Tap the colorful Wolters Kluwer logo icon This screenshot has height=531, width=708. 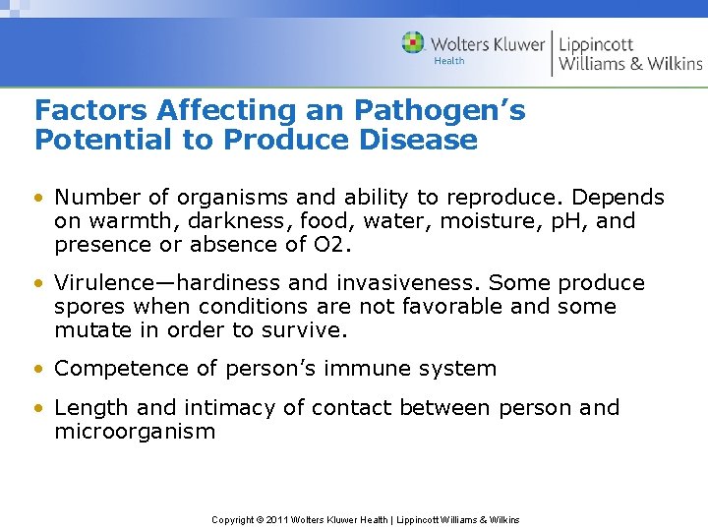[x=413, y=43]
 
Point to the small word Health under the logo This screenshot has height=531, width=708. [x=449, y=61]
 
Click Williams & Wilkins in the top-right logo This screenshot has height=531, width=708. [x=630, y=64]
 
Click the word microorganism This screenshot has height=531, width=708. [x=135, y=432]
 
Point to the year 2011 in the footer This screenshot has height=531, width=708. [x=278, y=519]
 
